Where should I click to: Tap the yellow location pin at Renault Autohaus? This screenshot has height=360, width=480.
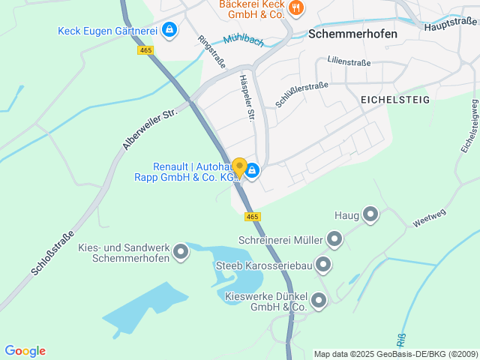click(x=239, y=167)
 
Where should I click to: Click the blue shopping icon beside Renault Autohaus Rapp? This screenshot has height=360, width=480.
click(x=253, y=172)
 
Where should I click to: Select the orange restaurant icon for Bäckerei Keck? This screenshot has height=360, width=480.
click(x=297, y=8)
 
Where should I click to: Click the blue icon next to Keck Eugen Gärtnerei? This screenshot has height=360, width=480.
click(x=169, y=30)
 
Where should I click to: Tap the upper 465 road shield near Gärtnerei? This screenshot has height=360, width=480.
click(x=145, y=50)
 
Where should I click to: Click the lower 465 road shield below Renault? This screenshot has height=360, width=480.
click(x=252, y=216)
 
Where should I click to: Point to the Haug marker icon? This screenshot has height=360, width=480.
click(x=370, y=215)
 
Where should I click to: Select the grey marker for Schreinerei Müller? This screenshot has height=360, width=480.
click(x=334, y=240)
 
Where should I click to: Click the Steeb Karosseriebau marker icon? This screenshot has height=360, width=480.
click(x=323, y=264)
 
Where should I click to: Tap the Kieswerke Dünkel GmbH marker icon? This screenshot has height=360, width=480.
click(x=319, y=301)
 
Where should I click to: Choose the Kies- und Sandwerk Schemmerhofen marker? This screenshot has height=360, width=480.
click(x=180, y=253)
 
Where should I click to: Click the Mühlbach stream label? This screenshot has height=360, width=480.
click(x=243, y=39)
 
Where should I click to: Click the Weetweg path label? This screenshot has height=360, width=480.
click(x=428, y=218)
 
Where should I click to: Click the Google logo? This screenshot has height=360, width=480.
click(x=25, y=351)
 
